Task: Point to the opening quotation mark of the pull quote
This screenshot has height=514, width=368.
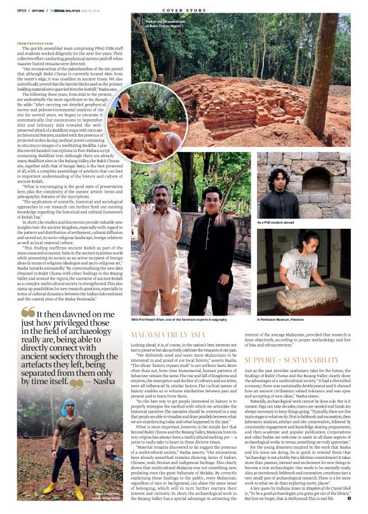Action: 28,313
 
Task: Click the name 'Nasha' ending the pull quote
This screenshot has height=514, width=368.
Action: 102,383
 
